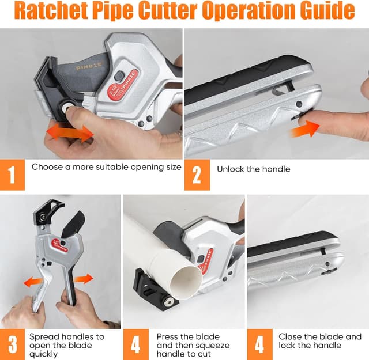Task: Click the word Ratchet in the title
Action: [51, 10]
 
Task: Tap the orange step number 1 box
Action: [12, 175]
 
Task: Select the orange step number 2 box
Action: [197, 175]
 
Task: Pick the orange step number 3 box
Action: [12, 344]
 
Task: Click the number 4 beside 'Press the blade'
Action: [136, 344]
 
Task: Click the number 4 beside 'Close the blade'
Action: [259, 344]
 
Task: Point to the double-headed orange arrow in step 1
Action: [70, 133]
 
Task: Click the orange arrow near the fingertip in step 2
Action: [304, 128]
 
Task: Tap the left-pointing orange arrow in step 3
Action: [33, 282]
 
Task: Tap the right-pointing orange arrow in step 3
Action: [84, 279]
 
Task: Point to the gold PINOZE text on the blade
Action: [89, 66]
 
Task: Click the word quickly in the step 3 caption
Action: [43, 354]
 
